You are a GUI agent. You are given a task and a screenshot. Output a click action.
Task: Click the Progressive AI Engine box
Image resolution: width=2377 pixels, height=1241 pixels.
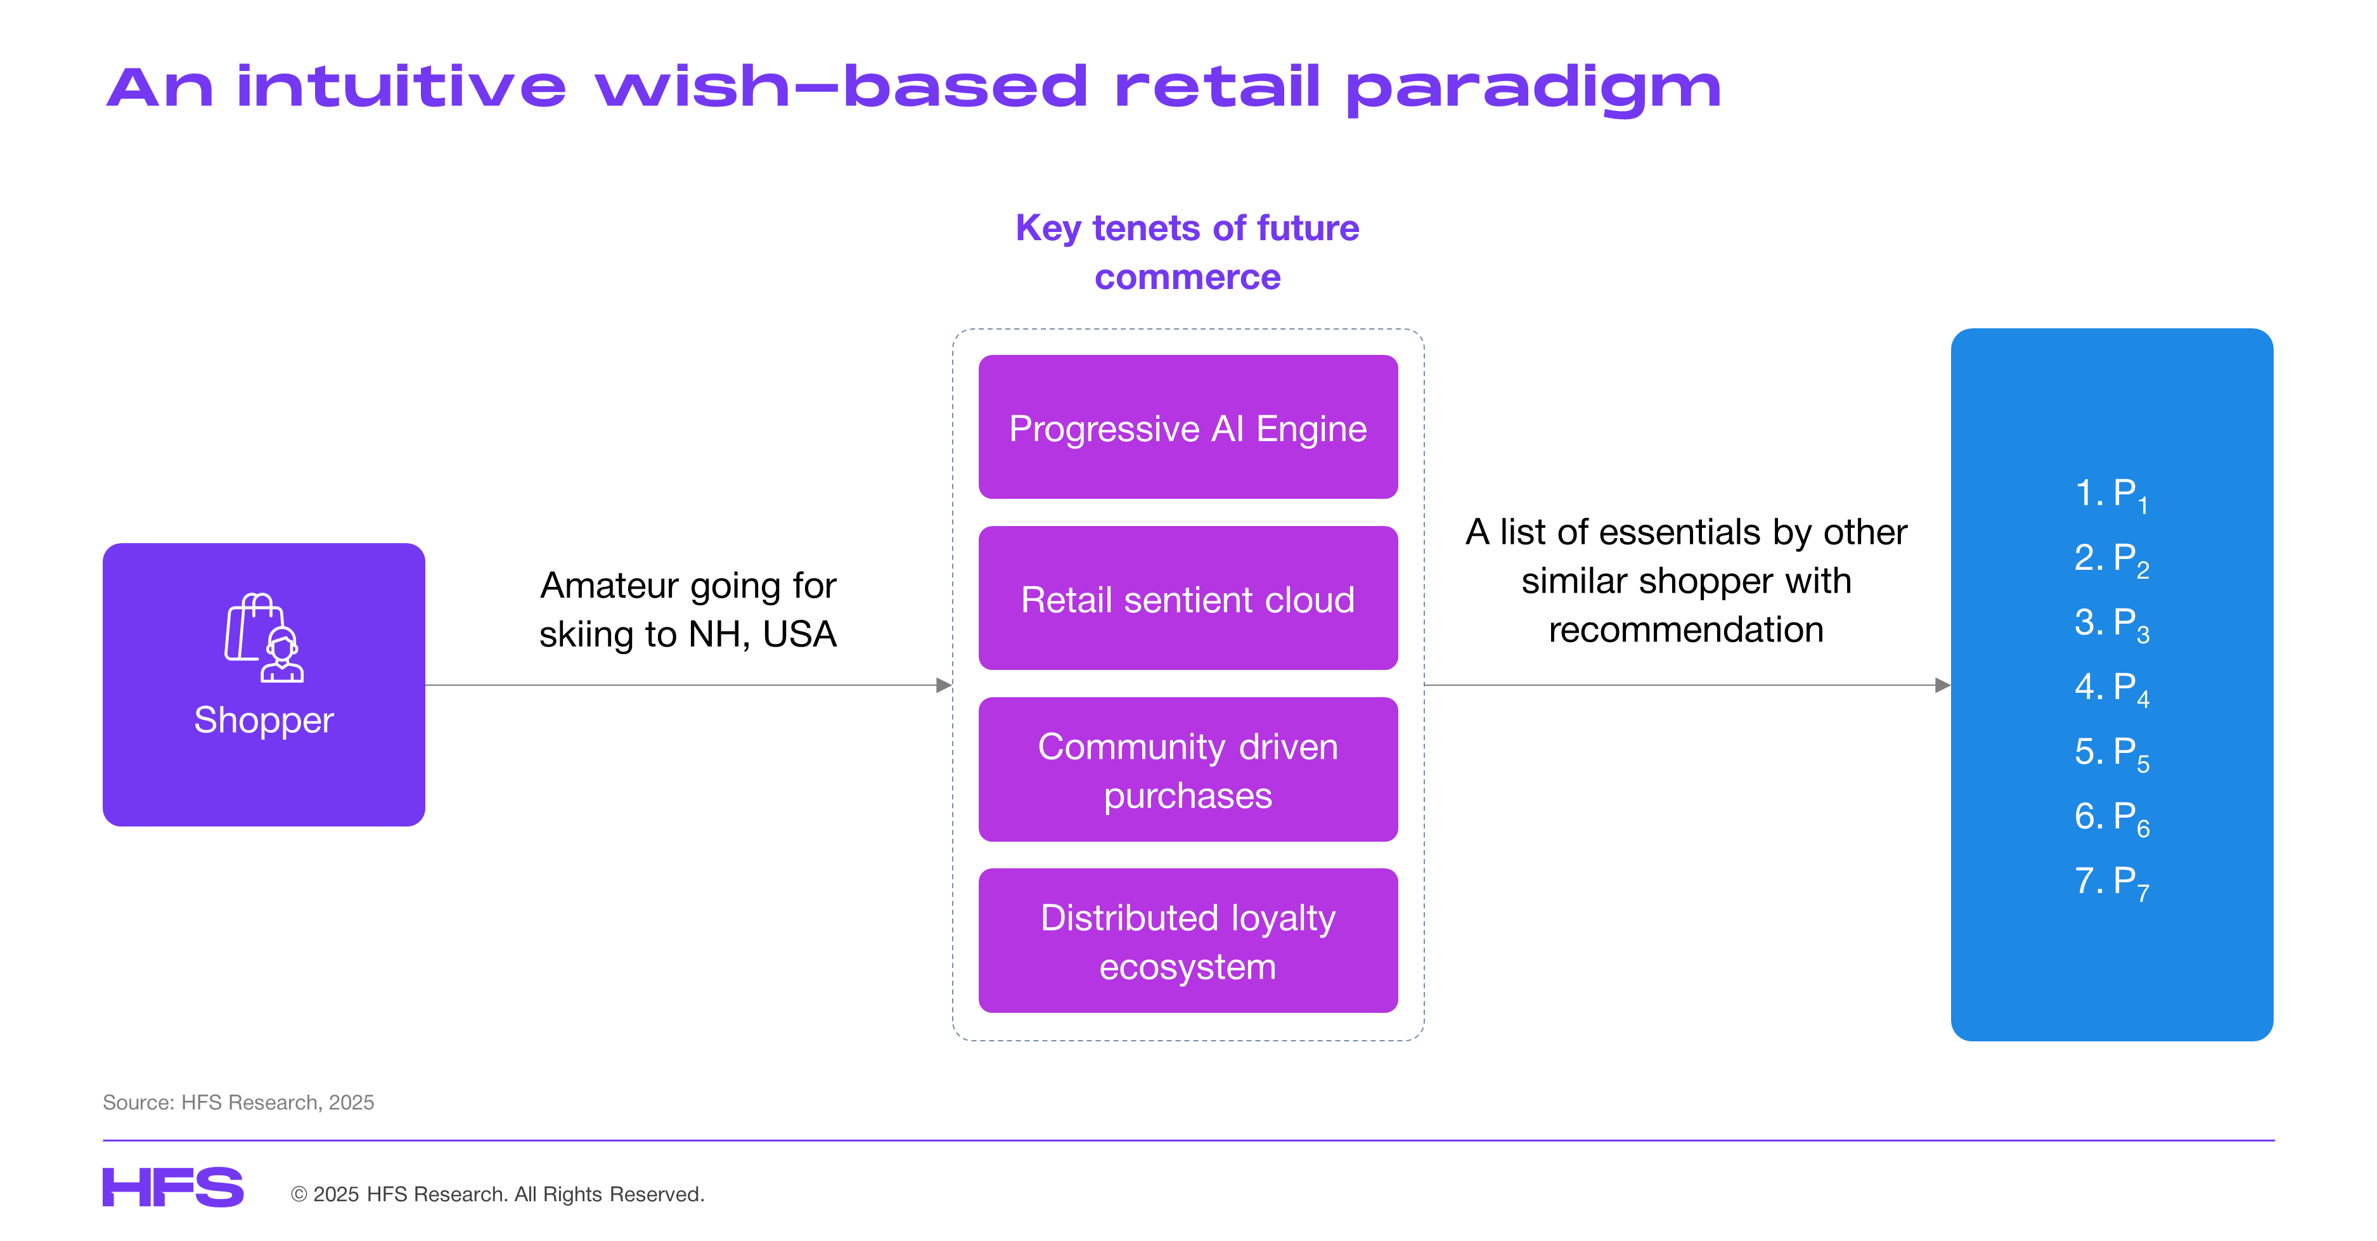pyautogui.click(x=1188, y=427)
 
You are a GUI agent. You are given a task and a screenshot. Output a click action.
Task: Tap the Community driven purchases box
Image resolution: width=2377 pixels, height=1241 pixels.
pyautogui.click(x=1188, y=769)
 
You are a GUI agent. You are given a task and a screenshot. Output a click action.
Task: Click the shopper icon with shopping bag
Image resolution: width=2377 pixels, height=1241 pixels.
pyautogui.click(x=264, y=638)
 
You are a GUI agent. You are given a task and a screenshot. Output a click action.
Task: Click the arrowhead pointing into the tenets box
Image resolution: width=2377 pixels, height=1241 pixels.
pyautogui.click(x=944, y=686)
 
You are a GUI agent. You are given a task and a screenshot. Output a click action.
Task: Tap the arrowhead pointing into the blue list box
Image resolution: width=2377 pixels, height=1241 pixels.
pyautogui.click(x=1942, y=686)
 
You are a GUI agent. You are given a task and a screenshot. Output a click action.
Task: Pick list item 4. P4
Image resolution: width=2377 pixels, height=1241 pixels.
pyautogui.click(x=2111, y=688)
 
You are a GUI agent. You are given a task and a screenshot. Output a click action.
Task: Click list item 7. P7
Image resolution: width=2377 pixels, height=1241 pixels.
pyautogui.click(x=2111, y=882)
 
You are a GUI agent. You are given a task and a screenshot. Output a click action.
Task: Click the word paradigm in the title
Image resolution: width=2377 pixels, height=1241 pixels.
pyautogui.click(x=1533, y=89)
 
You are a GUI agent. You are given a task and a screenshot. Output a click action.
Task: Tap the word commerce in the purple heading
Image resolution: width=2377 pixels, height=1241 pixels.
pyautogui.click(x=1188, y=278)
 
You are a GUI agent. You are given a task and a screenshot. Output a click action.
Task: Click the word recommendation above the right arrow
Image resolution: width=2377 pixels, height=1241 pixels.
pyautogui.click(x=1686, y=630)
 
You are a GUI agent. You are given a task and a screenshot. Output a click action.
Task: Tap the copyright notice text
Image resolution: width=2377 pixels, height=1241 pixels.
pyautogui.click(x=498, y=1194)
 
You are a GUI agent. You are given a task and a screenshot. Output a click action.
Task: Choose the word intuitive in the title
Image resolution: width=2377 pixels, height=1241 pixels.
pyautogui.click(x=401, y=87)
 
